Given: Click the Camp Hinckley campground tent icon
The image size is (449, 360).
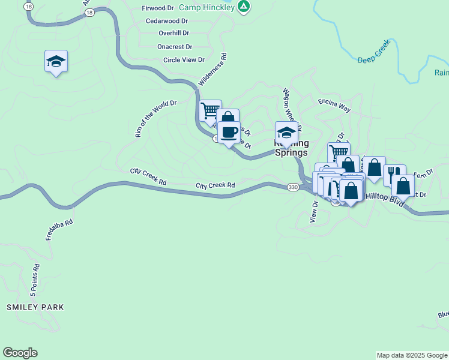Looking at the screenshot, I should [x=243, y=7].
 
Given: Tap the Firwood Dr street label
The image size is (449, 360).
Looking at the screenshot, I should [x=157, y=8].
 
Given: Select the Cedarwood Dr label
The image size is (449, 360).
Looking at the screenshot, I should [x=167, y=21].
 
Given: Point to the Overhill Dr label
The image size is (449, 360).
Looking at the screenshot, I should [x=173, y=34].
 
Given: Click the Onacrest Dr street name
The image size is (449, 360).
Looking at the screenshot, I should [x=175, y=47].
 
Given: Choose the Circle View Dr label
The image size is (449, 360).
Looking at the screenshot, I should [x=184, y=60].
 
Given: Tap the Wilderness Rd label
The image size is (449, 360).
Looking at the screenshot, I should [x=213, y=71].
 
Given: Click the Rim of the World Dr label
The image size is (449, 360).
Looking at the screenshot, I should [x=156, y=119].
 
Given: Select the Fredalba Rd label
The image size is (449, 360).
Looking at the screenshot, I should [x=59, y=230].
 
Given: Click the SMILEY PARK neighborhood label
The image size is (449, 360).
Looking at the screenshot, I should [x=35, y=307].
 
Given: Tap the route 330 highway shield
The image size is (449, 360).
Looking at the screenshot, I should [x=292, y=187].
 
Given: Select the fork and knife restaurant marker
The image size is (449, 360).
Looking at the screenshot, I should [x=394, y=175].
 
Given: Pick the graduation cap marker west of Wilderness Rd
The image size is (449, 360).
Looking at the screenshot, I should [x=56, y=61].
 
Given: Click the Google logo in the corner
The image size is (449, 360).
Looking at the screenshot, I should [x=20, y=353].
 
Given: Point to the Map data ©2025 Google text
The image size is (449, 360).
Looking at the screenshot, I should [x=411, y=355].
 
